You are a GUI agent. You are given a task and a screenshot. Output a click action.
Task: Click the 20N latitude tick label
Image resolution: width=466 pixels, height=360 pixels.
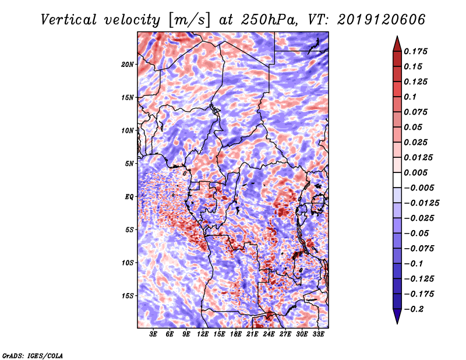coord(128,64)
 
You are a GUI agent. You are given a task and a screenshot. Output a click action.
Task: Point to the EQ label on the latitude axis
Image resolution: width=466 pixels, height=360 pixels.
coord(129,196)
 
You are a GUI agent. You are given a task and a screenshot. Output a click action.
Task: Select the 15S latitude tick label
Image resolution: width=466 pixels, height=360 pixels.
coord(128,296)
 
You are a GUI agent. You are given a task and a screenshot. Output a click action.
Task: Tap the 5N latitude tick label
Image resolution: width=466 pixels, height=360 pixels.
coord(129,164)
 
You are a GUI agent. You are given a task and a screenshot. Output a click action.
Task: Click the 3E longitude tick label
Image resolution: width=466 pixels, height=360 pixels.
coord(153,334)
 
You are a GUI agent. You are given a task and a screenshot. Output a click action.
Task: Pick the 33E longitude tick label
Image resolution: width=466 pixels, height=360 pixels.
coord(318,334)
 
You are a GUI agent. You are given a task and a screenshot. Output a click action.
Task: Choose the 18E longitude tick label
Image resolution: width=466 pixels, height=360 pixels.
coord(236,334)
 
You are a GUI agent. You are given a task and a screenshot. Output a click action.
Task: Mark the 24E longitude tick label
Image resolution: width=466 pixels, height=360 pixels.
coord(269,334)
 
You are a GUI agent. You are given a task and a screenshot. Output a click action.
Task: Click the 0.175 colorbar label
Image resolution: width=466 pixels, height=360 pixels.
coord(415,51)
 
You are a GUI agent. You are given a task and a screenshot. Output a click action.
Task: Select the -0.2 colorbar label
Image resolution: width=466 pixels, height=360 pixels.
coord(414,309)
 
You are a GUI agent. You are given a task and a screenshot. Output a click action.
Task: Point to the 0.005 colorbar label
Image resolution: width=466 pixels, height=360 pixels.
coord(415,172)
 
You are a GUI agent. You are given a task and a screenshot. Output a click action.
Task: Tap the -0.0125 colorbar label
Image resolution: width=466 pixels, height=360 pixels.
coord(421,203)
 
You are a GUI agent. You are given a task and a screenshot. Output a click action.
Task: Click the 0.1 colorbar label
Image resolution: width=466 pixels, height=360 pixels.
coord(410,97)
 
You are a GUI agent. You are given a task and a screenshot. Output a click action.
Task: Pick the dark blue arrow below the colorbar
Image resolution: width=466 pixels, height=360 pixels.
coord(397,316)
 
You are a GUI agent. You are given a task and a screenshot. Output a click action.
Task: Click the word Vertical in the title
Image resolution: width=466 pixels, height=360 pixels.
coord(69,20)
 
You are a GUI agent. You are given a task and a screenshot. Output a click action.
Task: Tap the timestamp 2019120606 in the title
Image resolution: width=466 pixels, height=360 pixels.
coord(382,20)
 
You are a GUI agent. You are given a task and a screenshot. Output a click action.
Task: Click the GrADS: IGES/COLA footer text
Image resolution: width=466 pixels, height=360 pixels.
coord(33,355)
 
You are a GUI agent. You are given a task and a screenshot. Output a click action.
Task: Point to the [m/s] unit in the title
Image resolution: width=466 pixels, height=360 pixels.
coord(189,20)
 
